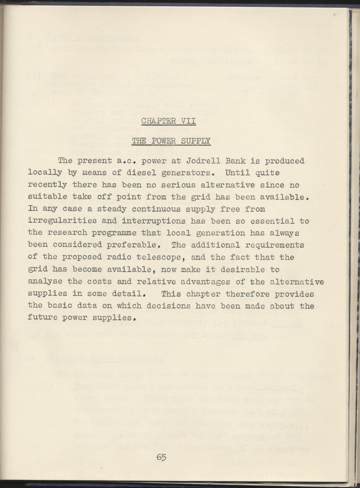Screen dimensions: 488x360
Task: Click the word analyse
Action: point(45,282)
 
